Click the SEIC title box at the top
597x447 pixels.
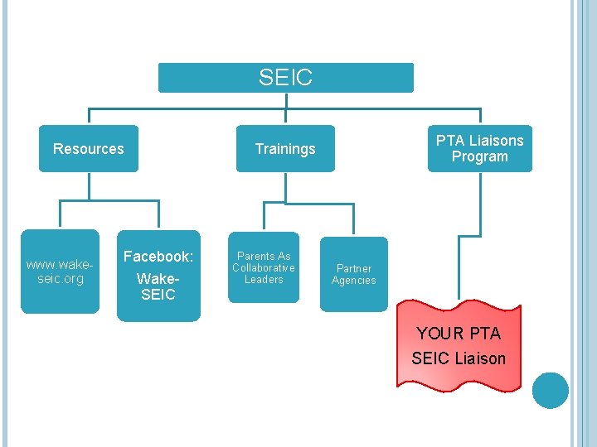[285, 78]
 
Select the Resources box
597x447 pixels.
[88, 149]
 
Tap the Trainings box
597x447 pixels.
[285, 149]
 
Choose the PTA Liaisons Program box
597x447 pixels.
[479, 148]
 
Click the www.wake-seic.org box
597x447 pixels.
[59, 272]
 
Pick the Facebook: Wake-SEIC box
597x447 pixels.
[158, 276]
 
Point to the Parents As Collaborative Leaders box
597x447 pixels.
[264, 267]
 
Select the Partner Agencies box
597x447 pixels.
[353, 274]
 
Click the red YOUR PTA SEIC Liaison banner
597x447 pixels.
[459, 346]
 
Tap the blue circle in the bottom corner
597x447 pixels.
[551, 391]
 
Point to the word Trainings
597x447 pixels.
[285, 149]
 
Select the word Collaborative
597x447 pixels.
[264, 267]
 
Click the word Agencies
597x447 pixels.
[354, 281]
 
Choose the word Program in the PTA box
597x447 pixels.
[479, 156]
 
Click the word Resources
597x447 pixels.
[88, 149]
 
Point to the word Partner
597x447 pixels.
[354, 268]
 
